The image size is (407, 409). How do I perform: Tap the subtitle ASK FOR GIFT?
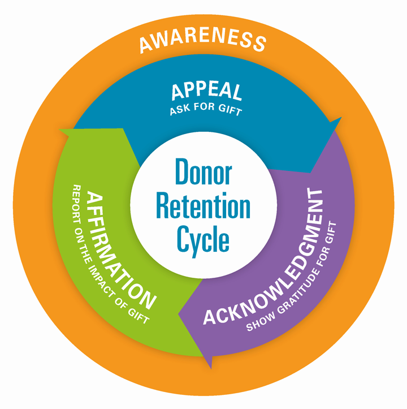(205, 110)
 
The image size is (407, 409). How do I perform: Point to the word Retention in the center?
(203, 206)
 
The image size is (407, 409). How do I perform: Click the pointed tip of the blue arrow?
(341, 119)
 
